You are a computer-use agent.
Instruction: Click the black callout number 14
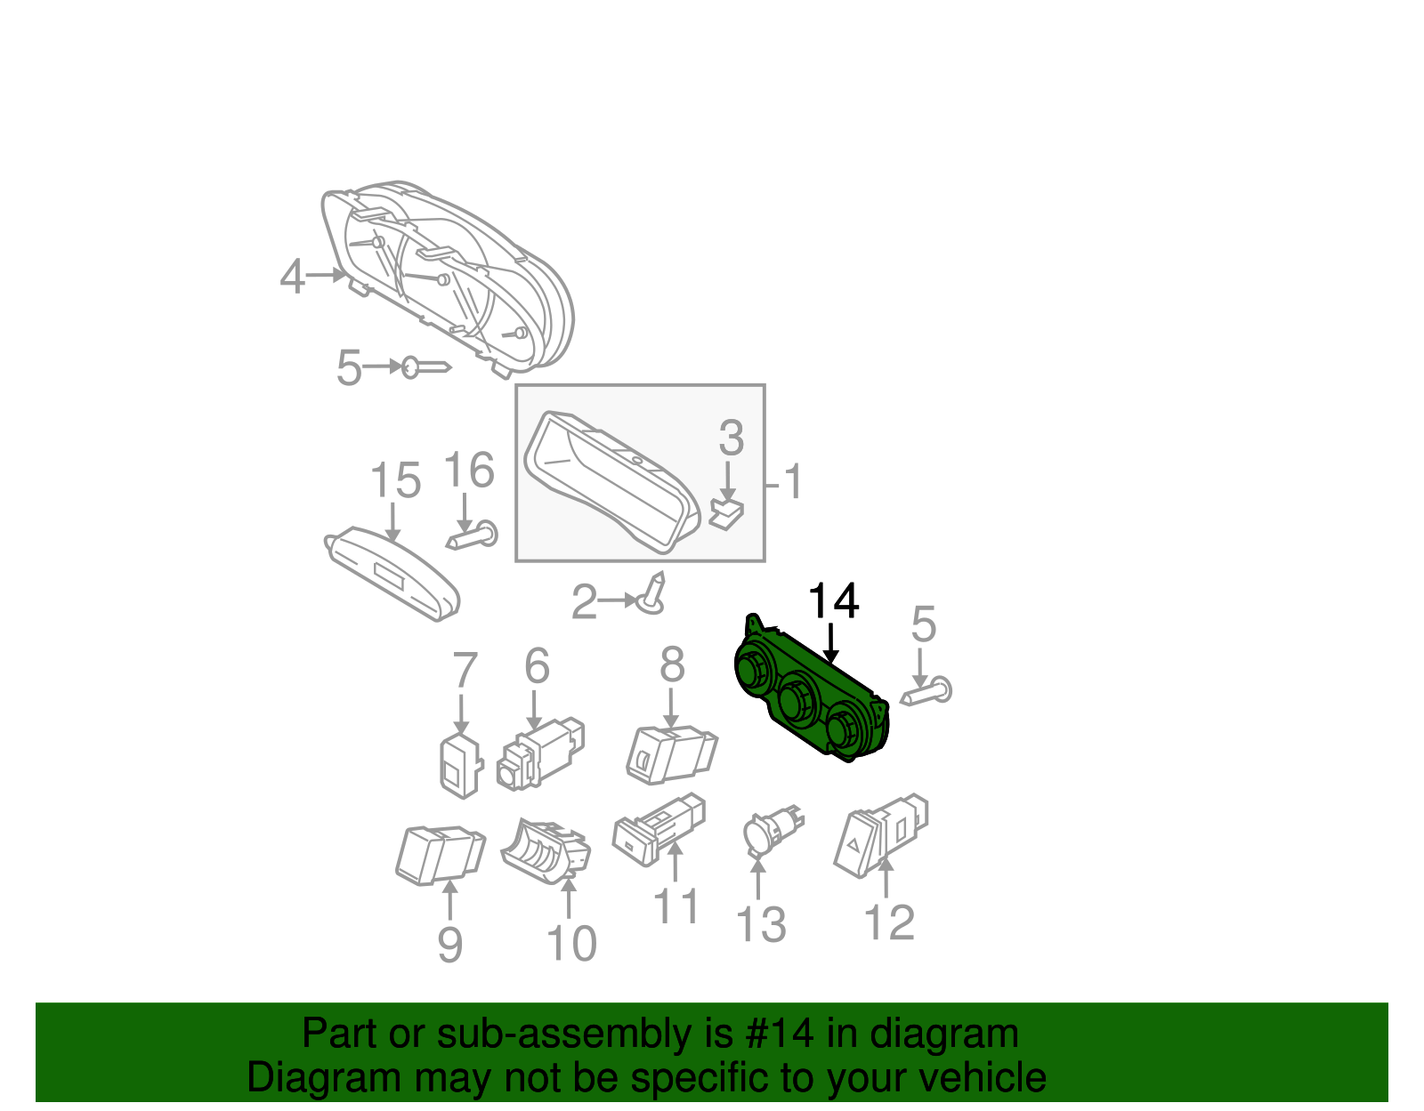[x=833, y=601]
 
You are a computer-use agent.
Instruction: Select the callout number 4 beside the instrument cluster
[x=293, y=277]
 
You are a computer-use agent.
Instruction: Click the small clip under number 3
[x=728, y=513]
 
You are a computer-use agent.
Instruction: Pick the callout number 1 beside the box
[x=793, y=482]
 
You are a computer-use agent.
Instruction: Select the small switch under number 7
[x=459, y=765]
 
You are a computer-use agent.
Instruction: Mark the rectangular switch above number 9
[x=440, y=855]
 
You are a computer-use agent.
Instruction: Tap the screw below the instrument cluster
[x=425, y=367]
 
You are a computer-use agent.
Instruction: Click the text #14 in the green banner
[x=773, y=1035]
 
